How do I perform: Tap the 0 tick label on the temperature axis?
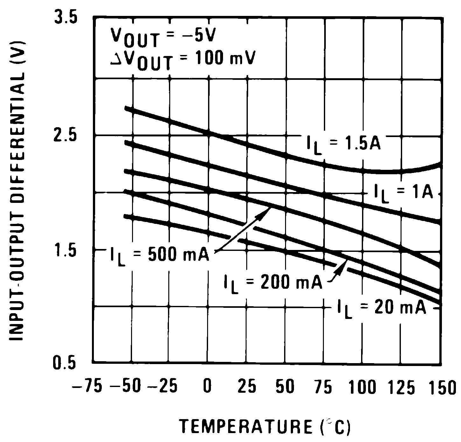click(x=207, y=388)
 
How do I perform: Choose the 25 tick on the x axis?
click(x=247, y=388)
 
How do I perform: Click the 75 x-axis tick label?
click(x=324, y=388)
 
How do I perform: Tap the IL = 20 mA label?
click(x=382, y=309)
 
